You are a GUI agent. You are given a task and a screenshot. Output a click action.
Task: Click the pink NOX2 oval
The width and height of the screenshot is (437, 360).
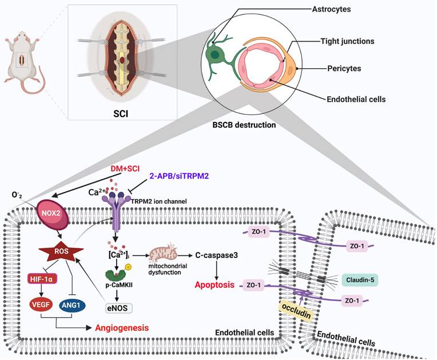51,212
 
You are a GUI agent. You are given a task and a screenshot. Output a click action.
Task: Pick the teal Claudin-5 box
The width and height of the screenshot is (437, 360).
360,279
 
